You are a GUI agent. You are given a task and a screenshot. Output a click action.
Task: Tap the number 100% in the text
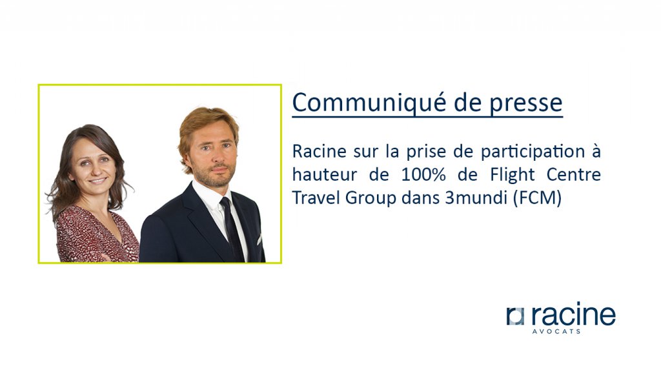[x=423, y=174]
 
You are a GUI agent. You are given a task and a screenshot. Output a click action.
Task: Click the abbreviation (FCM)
[x=538, y=198]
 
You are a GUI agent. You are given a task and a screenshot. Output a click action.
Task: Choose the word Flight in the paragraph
[x=512, y=175]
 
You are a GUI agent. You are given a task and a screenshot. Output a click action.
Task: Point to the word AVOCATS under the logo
[x=556, y=331]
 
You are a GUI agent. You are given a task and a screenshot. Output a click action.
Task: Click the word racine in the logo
[x=573, y=314]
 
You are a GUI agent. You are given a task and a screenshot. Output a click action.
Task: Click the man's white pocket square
[x=259, y=240]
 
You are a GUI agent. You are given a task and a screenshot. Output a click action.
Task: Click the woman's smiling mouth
[x=97, y=180]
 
